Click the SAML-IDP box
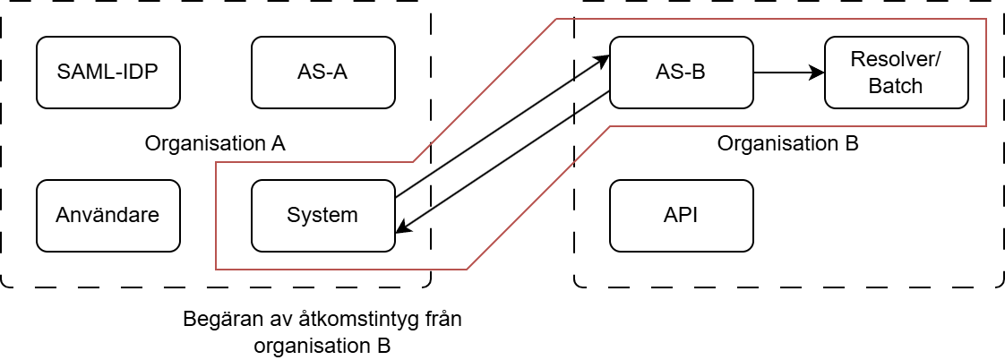[107, 72]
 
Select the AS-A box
[322, 72]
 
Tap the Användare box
[107, 215]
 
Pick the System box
[322, 215]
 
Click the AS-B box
[681, 72]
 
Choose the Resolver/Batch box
[896, 72]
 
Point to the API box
[681, 215]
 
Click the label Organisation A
[215, 143]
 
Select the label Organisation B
[788, 143]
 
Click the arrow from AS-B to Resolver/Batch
[788, 72]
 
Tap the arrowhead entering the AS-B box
[603, 59]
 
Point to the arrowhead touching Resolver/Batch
[817, 72]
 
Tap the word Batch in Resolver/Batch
[896, 85]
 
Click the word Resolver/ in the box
[896, 60]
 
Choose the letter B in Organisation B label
[852, 143]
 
